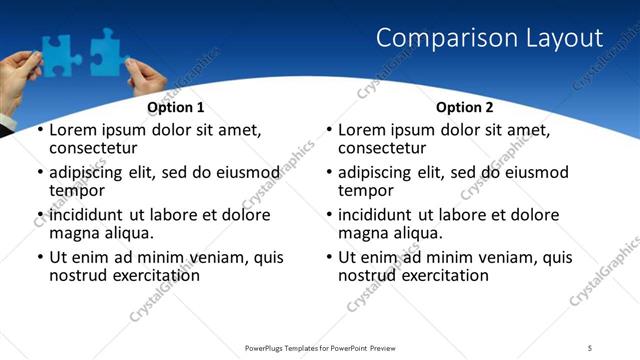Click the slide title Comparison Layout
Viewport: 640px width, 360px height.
489,39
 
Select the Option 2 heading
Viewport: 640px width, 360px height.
464,107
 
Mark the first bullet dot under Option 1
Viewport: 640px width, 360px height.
39,131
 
